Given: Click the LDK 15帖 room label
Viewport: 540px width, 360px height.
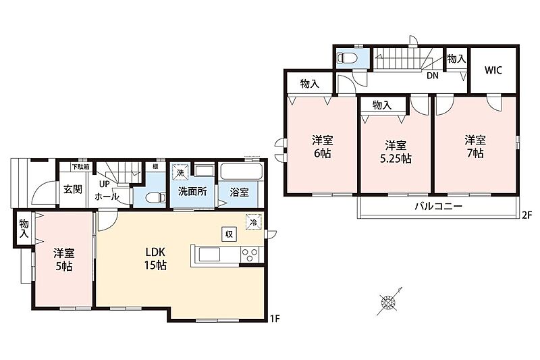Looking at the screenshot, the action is [x=156, y=259].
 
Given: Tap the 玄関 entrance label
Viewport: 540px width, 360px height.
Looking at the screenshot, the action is [x=73, y=189].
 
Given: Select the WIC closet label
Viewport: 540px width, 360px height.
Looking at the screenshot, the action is [x=493, y=70].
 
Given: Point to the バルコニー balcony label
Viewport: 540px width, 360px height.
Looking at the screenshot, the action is [x=438, y=207].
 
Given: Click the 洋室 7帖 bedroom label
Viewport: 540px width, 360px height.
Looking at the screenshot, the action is [x=475, y=147].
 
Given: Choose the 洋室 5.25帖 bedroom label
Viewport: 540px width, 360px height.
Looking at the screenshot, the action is [x=396, y=151].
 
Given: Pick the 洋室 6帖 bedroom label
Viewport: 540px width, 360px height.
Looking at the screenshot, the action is [x=323, y=147].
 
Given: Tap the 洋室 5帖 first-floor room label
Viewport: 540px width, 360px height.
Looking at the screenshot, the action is [x=64, y=260].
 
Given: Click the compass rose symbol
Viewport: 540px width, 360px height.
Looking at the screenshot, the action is [x=389, y=301].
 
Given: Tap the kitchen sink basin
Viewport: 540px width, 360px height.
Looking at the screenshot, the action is [x=209, y=255].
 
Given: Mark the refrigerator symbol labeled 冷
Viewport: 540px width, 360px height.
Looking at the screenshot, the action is [x=254, y=222].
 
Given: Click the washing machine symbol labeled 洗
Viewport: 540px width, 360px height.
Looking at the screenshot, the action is [x=180, y=172].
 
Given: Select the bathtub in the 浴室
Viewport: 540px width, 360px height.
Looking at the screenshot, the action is [x=242, y=171].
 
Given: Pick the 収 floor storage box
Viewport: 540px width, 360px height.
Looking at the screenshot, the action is [x=229, y=234].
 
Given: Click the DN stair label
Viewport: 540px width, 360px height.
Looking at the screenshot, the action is [x=433, y=76].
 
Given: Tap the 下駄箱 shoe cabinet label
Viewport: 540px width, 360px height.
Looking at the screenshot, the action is [x=80, y=167].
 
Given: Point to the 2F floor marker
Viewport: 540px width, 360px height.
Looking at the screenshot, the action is [x=527, y=215].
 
